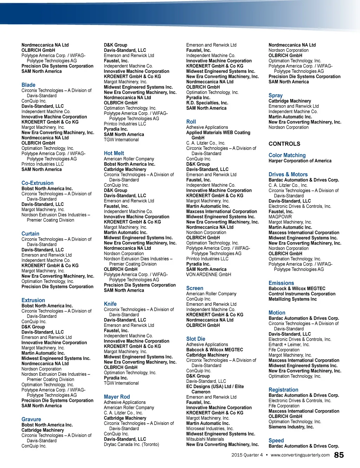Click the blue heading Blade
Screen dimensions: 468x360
point(28,85)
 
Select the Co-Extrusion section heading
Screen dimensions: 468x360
point(38,183)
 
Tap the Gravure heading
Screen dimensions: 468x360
point(31,419)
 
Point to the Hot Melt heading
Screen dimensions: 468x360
point(114,153)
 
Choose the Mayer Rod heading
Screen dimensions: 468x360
point(117,397)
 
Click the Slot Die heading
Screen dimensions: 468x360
point(196,339)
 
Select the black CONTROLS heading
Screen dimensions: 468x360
point(284,144)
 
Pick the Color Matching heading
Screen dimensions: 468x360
point(287,155)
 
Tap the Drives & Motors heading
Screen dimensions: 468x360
point(288,175)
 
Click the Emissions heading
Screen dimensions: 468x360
point(281,283)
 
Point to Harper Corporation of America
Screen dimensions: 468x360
point(300,161)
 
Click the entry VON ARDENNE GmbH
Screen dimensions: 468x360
point(208,274)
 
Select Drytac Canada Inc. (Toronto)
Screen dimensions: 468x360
point(131,444)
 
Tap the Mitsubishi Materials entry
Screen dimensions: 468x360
point(205,439)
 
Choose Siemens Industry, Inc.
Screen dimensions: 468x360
point(291,427)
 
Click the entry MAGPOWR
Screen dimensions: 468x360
point(280,217)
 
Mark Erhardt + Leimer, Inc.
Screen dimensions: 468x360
point(289,344)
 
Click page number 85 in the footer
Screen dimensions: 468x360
point(339,455)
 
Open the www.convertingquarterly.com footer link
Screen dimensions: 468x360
point(300,455)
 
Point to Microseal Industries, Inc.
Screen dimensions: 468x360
point(210,429)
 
